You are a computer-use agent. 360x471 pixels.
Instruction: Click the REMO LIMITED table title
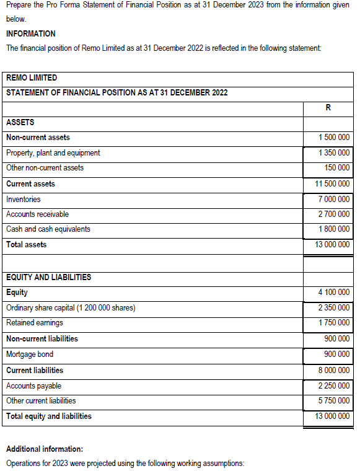coord(32,78)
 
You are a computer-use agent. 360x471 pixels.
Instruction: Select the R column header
coord(327,108)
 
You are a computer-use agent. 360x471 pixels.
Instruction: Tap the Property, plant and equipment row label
coord(53,152)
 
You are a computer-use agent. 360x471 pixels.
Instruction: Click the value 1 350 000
coord(333,152)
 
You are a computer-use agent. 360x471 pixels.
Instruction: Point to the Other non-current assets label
coord(45,168)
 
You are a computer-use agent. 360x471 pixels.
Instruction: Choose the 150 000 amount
coord(337,168)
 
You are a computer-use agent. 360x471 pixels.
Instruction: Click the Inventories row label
coord(24,200)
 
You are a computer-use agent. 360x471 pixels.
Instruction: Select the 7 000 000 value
coord(333,200)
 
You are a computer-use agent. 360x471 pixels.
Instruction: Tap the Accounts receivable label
coord(37,214)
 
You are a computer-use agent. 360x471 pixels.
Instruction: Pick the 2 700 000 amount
coord(333,214)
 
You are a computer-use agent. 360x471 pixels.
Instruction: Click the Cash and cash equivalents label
coord(48,229)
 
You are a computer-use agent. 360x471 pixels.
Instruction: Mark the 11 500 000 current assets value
coord(332,184)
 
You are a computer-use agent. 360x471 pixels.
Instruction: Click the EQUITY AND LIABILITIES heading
coord(48,277)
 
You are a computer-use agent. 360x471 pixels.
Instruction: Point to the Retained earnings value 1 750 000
coord(333,323)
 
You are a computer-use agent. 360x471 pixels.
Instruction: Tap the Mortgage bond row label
coord(30,354)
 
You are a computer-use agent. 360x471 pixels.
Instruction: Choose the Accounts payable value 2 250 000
coord(333,386)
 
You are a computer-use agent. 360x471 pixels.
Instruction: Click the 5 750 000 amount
coord(333,401)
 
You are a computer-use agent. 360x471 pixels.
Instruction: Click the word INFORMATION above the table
coord(30,33)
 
